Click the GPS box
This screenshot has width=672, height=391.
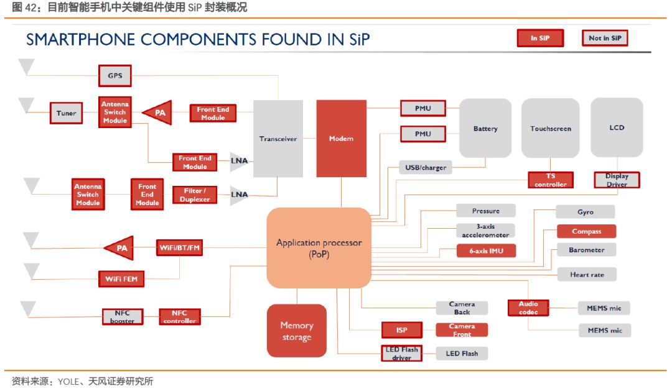tap(115, 76)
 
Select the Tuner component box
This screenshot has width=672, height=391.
tap(66, 113)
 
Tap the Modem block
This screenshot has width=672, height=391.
tap(341, 139)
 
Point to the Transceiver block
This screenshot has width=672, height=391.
tap(278, 139)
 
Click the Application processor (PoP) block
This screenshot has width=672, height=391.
tap(319, 248)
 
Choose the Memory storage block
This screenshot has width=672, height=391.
tap(297, 331)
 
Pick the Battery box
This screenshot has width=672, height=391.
tap(485, 128)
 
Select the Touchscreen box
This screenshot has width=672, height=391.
tap(551, 128)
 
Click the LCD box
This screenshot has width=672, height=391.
tap(617, 127)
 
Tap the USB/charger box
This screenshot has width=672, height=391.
tap(426, 167)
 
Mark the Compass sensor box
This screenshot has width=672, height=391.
tap(586, 231)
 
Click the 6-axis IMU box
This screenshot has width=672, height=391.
tap(486, 251)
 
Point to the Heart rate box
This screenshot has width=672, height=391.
tap(587, 275)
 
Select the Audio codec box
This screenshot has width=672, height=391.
tap(528, 308)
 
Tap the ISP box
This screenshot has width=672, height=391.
tap(401, 329)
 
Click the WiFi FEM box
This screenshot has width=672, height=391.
tap(121, 278)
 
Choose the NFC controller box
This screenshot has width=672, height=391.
tap(180, 317)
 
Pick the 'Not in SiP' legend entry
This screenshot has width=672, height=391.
tap(605, 38)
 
